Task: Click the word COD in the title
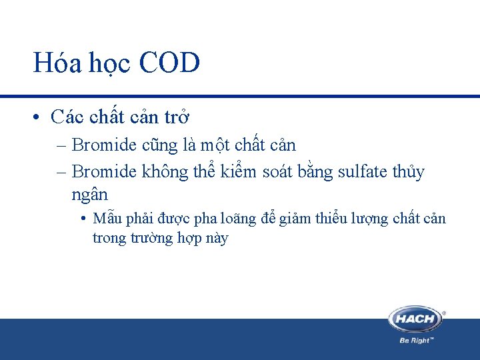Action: click(x=170, y=64)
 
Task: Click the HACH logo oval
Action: click(x=415, y=319)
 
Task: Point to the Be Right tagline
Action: click(x=417, y=339)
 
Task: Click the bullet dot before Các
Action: click(x=38, y=118)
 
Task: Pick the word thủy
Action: click(x=407, y=172)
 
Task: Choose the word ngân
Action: click(x=89, y=195)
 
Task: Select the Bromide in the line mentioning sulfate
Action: click(x=103, y=172)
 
